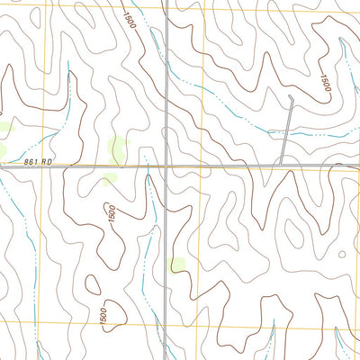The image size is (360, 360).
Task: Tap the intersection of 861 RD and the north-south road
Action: click(166, 166)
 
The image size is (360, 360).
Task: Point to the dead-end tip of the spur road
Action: click(292, 96)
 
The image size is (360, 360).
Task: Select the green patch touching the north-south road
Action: click(176, 265)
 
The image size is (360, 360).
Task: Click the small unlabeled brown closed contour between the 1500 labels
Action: click(94, 285)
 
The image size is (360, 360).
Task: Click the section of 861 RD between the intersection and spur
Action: click(225, 166)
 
